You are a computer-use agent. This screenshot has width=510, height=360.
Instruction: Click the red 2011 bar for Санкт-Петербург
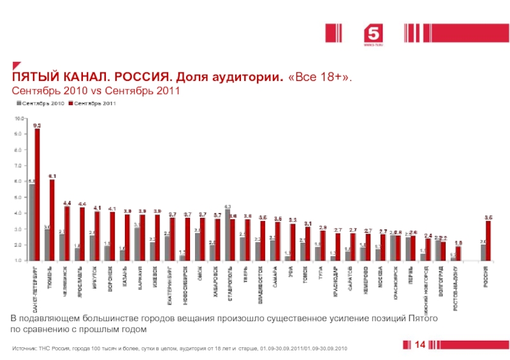[38, 194]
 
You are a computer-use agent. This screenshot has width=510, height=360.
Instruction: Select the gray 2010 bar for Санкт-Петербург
[32, 222]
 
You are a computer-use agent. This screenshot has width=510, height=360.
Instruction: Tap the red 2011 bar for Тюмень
[52, 220]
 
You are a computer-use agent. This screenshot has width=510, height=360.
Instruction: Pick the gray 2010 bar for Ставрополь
[228, 234]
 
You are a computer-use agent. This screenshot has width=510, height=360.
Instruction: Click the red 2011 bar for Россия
[488, 240]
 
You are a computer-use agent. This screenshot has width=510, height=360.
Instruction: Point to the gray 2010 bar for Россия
[483, 252]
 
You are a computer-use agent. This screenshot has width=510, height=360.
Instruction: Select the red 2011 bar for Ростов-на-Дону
[458, 253]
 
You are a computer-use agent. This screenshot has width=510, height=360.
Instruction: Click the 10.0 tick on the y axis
[20, 119]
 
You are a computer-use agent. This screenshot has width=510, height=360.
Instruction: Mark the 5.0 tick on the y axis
[20, 198]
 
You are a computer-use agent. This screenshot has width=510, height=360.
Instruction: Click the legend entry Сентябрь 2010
[43, 103]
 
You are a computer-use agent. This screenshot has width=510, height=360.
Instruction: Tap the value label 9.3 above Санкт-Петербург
[38, 126]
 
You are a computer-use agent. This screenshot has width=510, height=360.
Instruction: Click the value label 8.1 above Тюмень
[52, 176]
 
